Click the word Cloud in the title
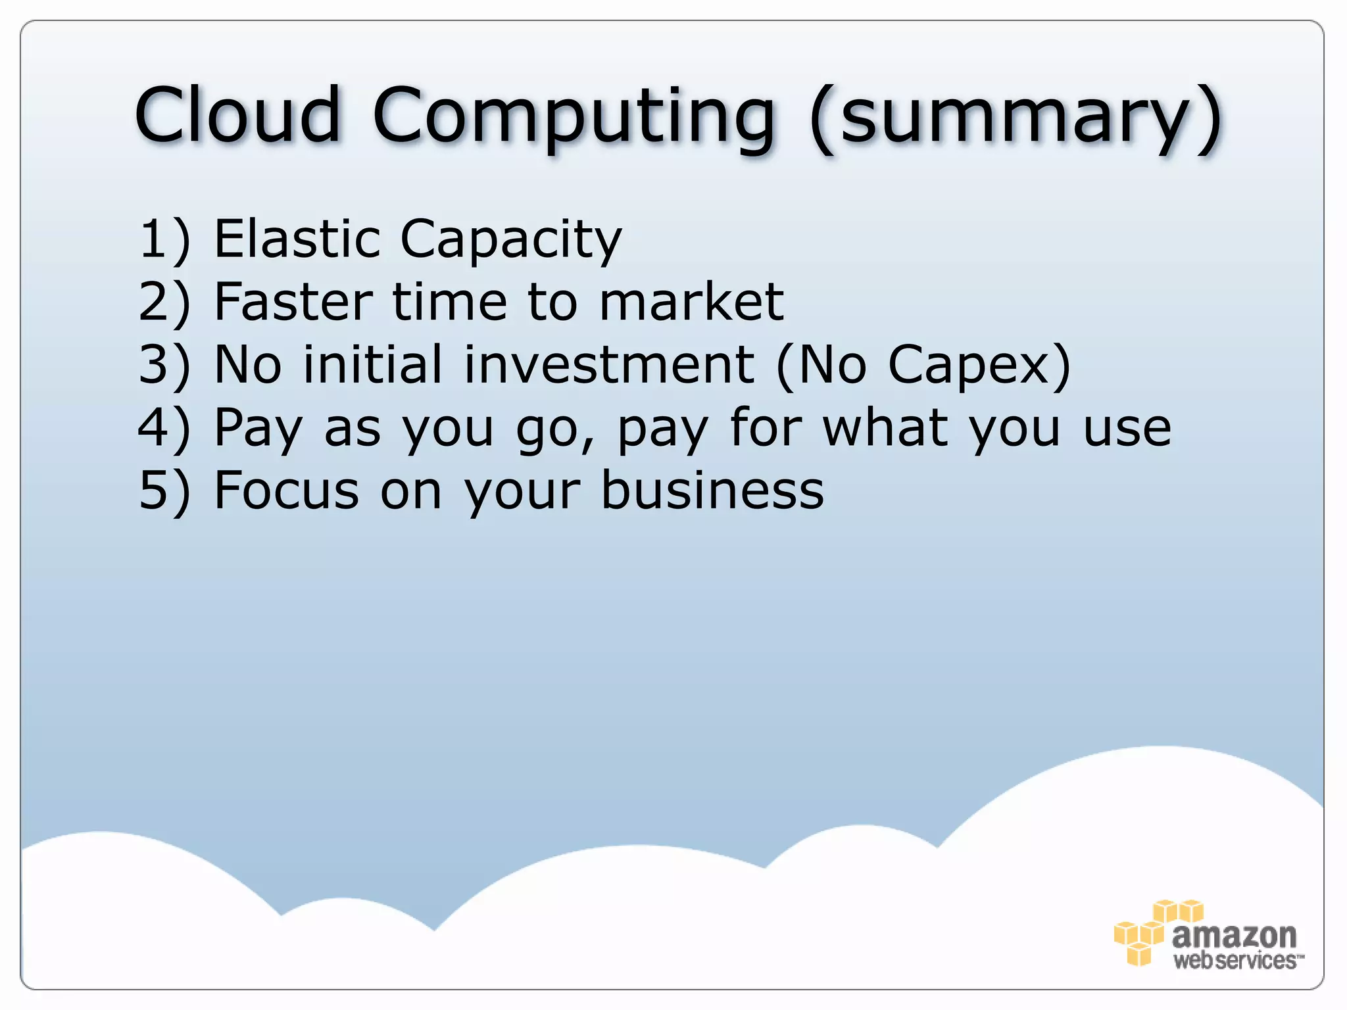238,115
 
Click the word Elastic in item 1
297,238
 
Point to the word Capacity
510,241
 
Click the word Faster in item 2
293,302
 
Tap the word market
691,302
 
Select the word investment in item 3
608,364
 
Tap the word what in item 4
885,427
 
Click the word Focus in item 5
287,491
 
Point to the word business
712,491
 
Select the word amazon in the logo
1234,934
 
